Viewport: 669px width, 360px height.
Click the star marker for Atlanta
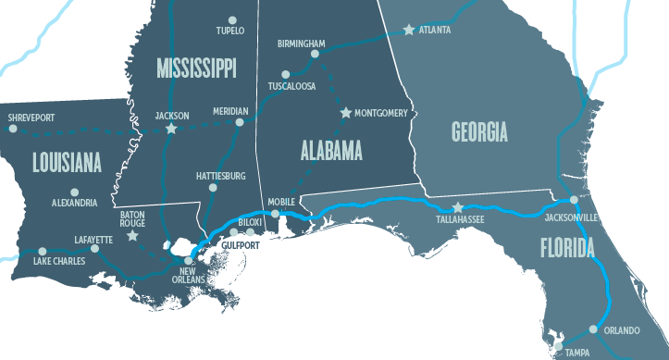(408, 30)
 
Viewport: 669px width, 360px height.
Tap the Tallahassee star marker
(456, 208)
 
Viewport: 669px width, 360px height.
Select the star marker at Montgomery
(346, 113)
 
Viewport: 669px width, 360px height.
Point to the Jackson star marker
(170, 129)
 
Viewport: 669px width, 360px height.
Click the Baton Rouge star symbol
(133, 236)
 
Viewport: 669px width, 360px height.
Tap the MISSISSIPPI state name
(196, 67)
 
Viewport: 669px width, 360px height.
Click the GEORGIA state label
(479, 132)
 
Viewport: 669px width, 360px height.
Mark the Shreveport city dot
(13, 129)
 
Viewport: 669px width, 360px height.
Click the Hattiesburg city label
(220, 175)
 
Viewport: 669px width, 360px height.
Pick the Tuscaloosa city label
(291, 86)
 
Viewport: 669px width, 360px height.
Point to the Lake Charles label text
(59, 262)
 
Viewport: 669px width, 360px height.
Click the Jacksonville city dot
(574, 199)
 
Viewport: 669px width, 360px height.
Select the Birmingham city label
(301, 43)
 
